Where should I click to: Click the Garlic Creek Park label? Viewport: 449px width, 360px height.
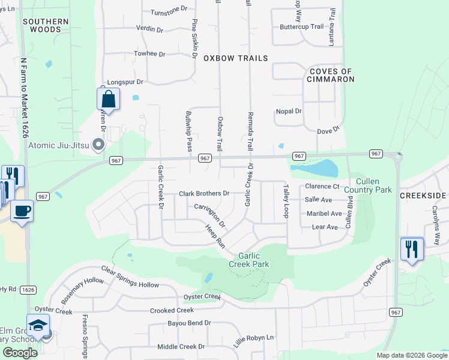tap(249, 260)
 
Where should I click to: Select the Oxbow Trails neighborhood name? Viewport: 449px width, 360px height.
tap(235, 58)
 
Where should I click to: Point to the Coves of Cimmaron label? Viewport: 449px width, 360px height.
tap(330, 76)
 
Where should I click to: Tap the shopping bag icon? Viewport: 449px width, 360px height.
tap(108, 98)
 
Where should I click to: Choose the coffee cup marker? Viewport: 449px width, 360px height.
tap(22, 211)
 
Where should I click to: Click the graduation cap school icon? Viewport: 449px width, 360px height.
tap(38, 326)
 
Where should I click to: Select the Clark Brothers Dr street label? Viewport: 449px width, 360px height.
tap(204, 194)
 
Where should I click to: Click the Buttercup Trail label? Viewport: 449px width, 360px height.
tap(301, 27)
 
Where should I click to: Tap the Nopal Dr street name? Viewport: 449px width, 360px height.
tap(288, 111)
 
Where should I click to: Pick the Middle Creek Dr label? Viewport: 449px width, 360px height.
tap(181, 347)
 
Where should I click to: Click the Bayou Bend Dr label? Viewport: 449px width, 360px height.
tap(190, 323)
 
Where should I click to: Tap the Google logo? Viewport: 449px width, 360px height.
tap(20, 352)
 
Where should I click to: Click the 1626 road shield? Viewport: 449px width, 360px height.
tap(28, 289)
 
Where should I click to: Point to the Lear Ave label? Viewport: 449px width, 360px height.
tap(325, 227)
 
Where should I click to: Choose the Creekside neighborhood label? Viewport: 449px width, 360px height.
tap(423, 196)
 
